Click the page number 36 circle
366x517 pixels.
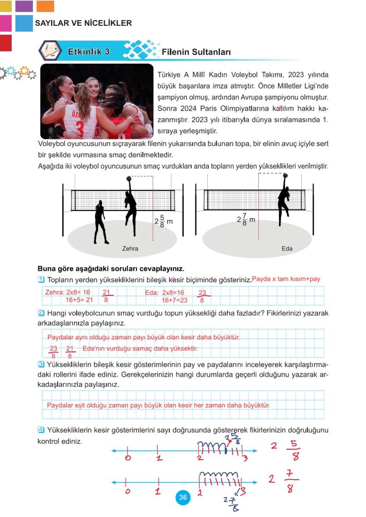pos(182,498)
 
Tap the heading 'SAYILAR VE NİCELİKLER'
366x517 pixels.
pos(83,23)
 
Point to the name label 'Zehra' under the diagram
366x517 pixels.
pos(130,249)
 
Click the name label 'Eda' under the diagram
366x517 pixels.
pos(287,249)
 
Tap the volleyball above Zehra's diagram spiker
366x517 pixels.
pos(129,178)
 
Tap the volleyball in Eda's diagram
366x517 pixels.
pos(286,176)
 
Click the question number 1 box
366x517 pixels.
pos(41,280)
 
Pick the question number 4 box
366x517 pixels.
pos(41,430)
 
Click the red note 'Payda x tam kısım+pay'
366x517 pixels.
pos(286,279)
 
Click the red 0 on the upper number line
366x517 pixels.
pos(128,458)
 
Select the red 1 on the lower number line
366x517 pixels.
pos(158,491)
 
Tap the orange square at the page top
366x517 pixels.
pos(45,6)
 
